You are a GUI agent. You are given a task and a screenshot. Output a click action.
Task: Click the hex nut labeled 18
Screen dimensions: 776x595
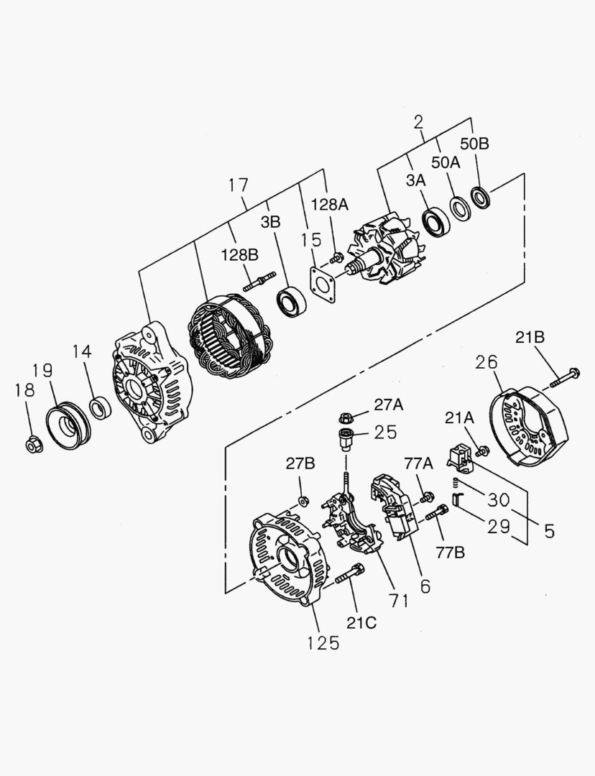(x=32, y=445)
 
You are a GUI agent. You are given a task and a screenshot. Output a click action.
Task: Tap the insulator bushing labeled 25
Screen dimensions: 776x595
(x=346, y=437)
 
